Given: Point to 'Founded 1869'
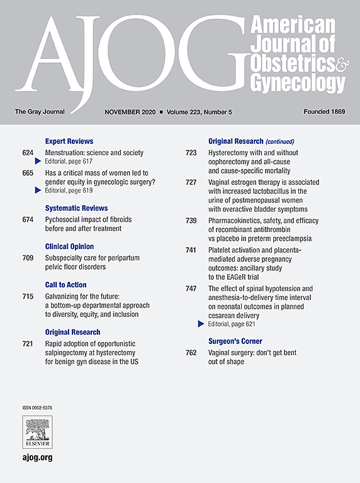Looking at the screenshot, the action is (x=323, y=112).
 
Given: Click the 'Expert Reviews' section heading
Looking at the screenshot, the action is (x=69, y=142).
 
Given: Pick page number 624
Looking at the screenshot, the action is (x=28, y=153).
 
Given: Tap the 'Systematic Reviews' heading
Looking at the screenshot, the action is (x=76, y=208).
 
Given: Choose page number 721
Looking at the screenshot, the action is (x=28, y=344).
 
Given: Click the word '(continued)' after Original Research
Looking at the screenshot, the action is (x=279, y=142).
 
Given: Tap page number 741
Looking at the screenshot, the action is (x=191, y=250).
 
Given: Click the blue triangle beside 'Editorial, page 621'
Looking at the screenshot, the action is (x=201, y=323).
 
